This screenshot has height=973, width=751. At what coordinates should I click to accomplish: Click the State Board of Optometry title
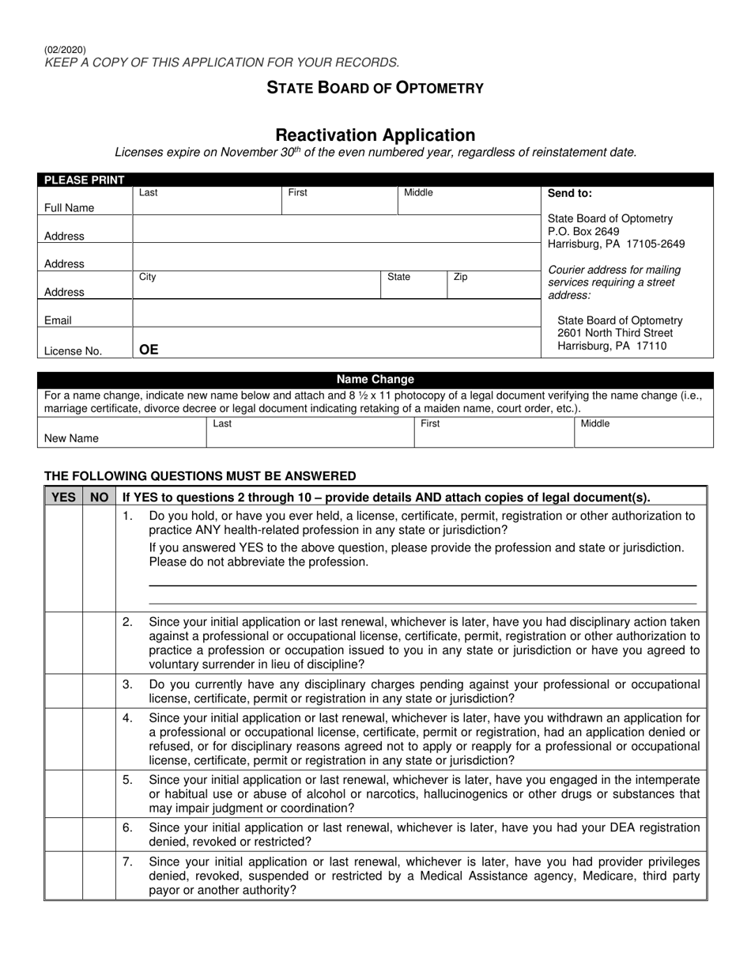click(x=375, y=88)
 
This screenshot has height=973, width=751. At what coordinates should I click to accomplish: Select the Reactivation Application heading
click(x=375, y=135)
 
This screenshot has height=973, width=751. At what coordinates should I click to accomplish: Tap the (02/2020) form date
click(x=66, y=50)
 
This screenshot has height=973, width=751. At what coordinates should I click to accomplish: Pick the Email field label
click(x=58, y=320)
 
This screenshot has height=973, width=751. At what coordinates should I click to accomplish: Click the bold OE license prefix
click(x=149, y=349)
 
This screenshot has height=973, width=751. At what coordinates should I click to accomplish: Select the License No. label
click(x=73, y=351)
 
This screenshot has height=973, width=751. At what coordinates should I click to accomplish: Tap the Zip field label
click(x=461, y=278)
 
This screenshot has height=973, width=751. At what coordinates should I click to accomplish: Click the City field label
click(x=148, y=278)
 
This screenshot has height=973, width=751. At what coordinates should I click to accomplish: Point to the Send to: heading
click(x=570, y=193)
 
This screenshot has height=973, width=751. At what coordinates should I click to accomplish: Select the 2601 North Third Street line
click(x=615, y=333)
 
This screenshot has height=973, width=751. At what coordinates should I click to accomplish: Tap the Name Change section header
click(x=375, y=380)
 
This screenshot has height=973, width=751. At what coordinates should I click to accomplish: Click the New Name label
click(x=71, y=437)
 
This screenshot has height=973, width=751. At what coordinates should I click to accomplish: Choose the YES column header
click(x=63, y=497)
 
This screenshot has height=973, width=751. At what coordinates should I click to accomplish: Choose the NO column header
click(x=99, y=497)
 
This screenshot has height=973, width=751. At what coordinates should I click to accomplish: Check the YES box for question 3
click(x=63, y=691)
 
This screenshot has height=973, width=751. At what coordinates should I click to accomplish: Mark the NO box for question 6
click(x=99, y=834)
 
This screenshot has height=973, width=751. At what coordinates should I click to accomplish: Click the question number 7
click(x=127, y=861)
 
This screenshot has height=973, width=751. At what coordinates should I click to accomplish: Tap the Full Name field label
click(x=69, y=208)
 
